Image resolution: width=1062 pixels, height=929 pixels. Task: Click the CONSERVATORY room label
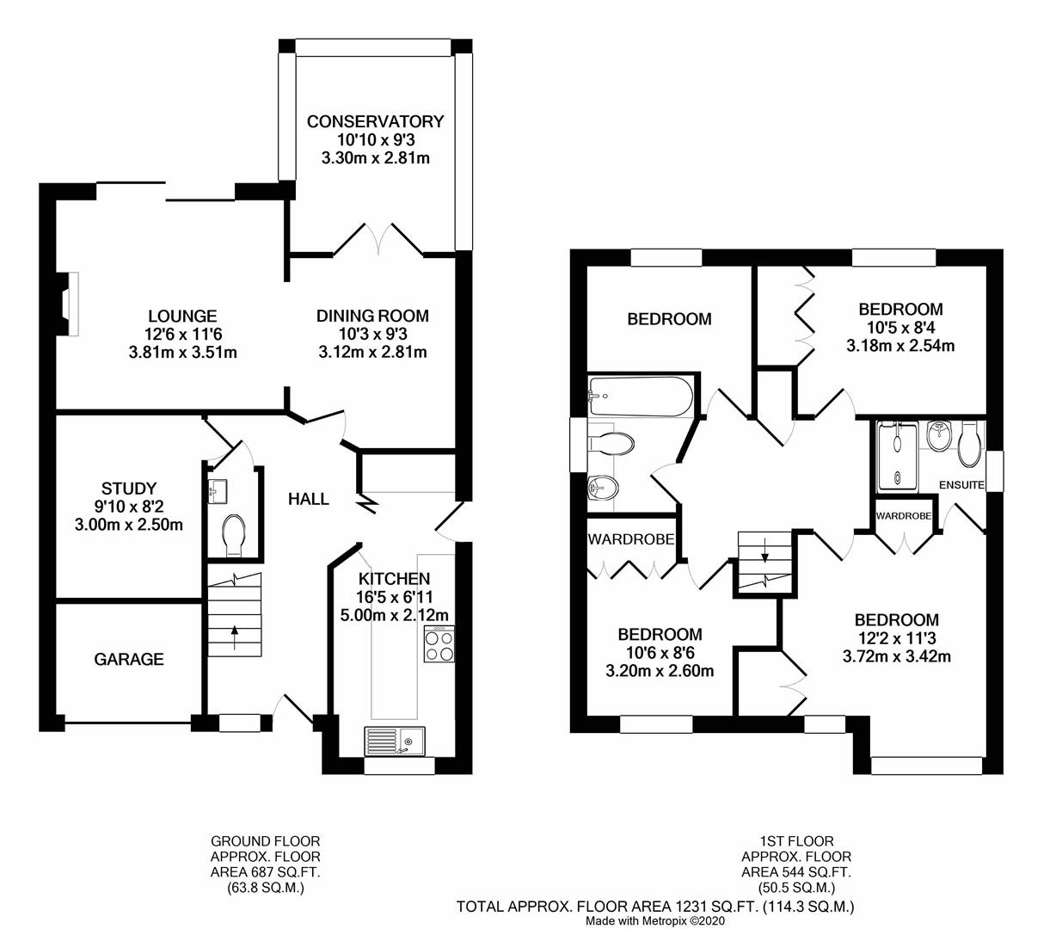375,121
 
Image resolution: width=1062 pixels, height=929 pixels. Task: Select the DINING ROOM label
371,317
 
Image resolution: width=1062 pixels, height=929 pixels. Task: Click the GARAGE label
128,660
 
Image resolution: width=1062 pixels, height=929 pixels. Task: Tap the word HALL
308,499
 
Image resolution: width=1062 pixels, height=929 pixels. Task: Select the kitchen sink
394,739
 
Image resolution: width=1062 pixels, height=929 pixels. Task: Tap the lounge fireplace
71,302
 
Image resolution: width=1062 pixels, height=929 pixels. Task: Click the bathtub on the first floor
641,396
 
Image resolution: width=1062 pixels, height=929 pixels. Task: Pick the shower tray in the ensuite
896,455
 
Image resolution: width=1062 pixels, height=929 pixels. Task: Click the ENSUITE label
961,485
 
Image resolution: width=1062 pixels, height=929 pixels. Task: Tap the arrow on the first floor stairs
764,555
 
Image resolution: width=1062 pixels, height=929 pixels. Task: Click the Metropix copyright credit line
655,920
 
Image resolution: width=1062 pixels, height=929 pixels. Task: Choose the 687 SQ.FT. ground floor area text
266,872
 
